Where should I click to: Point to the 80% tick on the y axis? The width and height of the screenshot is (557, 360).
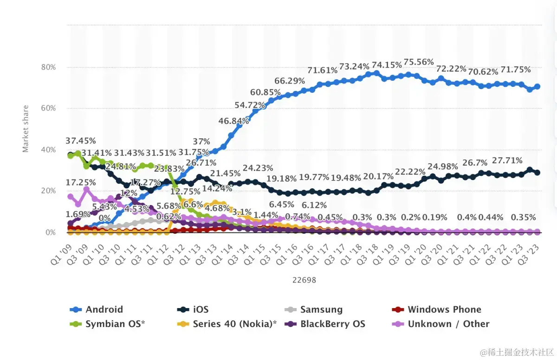pos(46,67)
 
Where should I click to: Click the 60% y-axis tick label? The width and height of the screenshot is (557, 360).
pos(46,109)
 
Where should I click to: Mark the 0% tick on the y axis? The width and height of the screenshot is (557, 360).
pos(49,232)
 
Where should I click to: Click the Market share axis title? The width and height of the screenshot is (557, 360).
pos(26,129)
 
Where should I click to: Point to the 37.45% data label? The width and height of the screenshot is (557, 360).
pos(81,141)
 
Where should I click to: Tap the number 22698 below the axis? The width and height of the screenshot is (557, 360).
pos(304,280)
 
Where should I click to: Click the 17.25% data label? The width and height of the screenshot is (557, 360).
pos(81,183)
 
